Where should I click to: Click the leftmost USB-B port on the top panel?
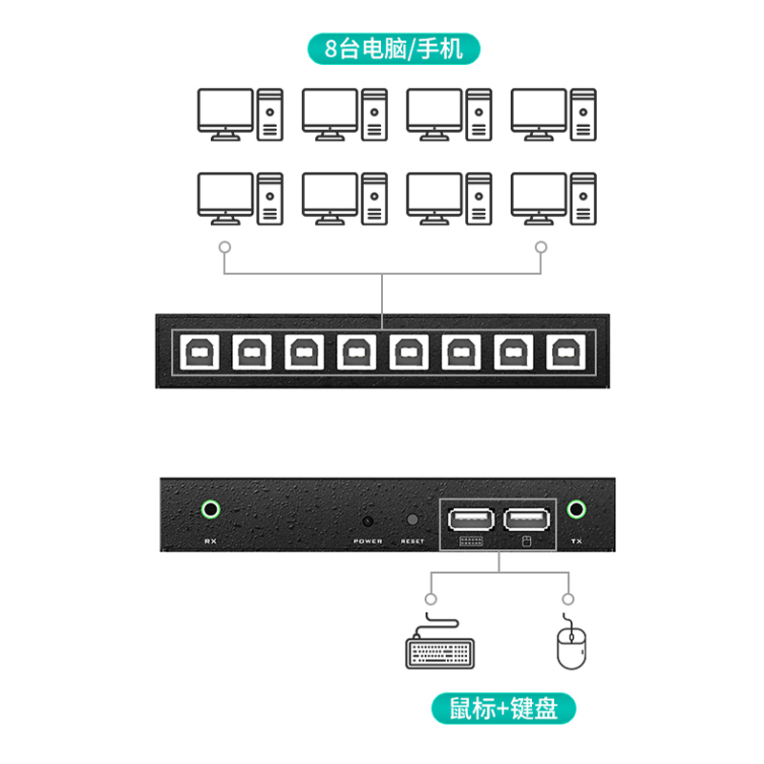click(x=198, y=352)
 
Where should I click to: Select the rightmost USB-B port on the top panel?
click(x=562, y=352)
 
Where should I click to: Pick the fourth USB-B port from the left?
click(x=353, y=352)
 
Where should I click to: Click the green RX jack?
click(x=210, y=509)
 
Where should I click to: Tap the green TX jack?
click(x=576, y=509)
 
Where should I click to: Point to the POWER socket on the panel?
click(x=368, y=521)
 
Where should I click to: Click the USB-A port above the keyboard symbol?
click(x=469, y=520)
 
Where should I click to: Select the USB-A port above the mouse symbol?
click(x=526, y=520)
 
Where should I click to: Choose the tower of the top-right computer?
click(x=584, y=114)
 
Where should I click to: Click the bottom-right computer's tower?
click(x=584, y=199)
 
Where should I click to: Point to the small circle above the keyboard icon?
click(x=432, y=599)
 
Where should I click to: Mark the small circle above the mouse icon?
click(x=569, y=599)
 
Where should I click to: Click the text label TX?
click(x=576, y=541)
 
